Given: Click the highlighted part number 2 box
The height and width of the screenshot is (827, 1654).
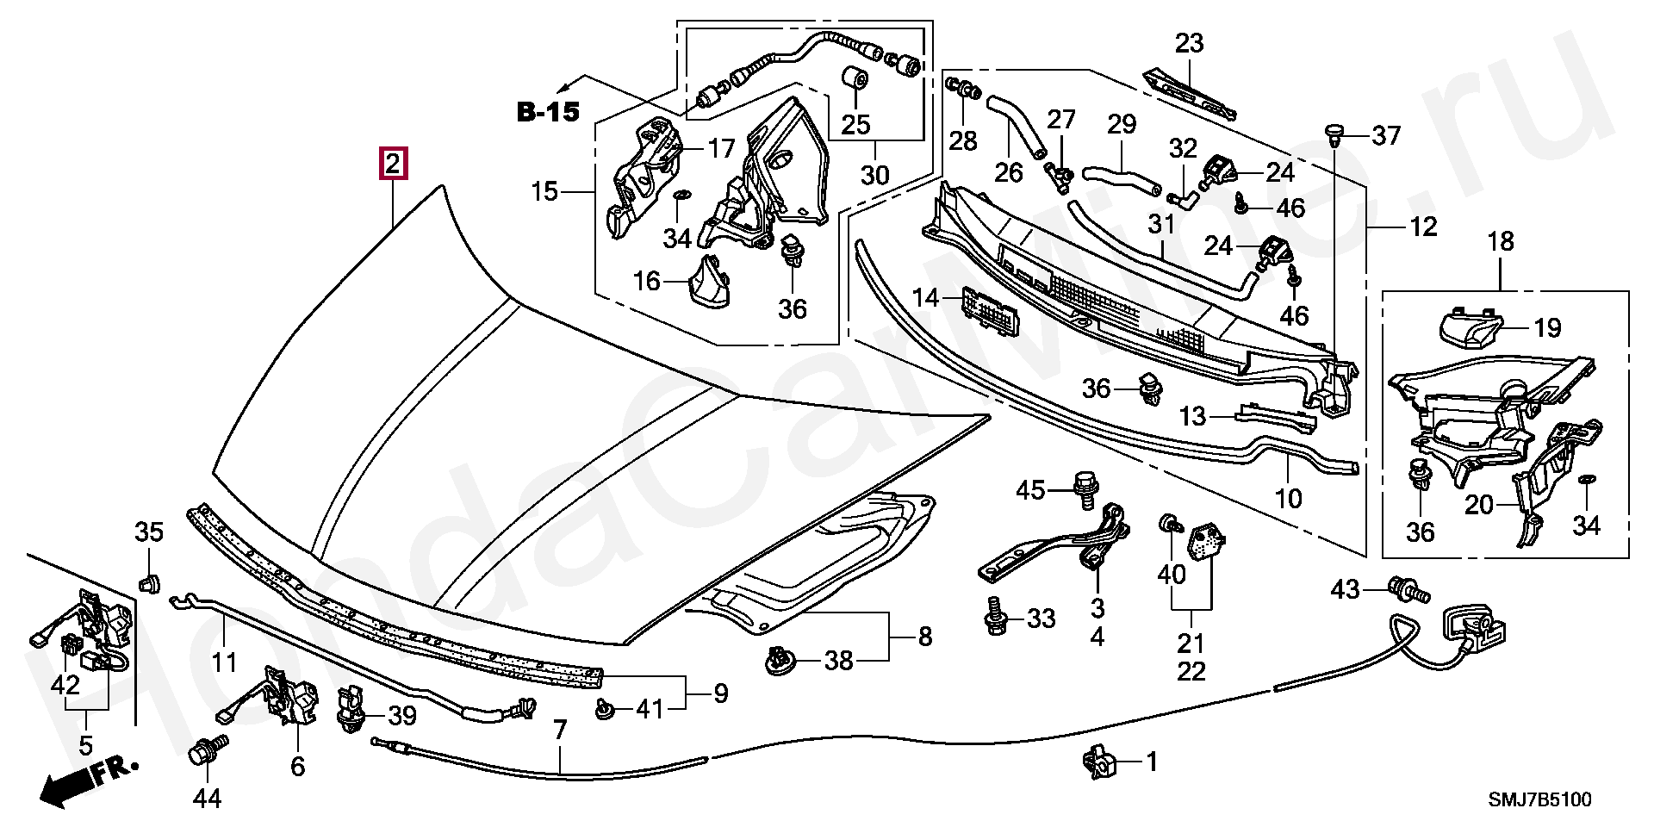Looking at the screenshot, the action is [x=393, y=163].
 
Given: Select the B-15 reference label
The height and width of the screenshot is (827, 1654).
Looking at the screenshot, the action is [x=548, y=112].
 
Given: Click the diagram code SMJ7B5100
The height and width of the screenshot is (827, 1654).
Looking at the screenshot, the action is [x=1542, y=800].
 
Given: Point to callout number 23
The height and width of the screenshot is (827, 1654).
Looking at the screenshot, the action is [x=1190, y=43].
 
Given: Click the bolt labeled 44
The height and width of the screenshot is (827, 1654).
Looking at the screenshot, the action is [x=207, y=751].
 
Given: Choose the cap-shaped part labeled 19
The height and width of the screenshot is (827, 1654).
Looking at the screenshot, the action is [x=1471, y=326].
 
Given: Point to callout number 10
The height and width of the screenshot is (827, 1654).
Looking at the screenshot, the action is [x=1289, y=498].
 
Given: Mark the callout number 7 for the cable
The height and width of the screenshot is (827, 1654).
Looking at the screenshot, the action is [x=560, y=731].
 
